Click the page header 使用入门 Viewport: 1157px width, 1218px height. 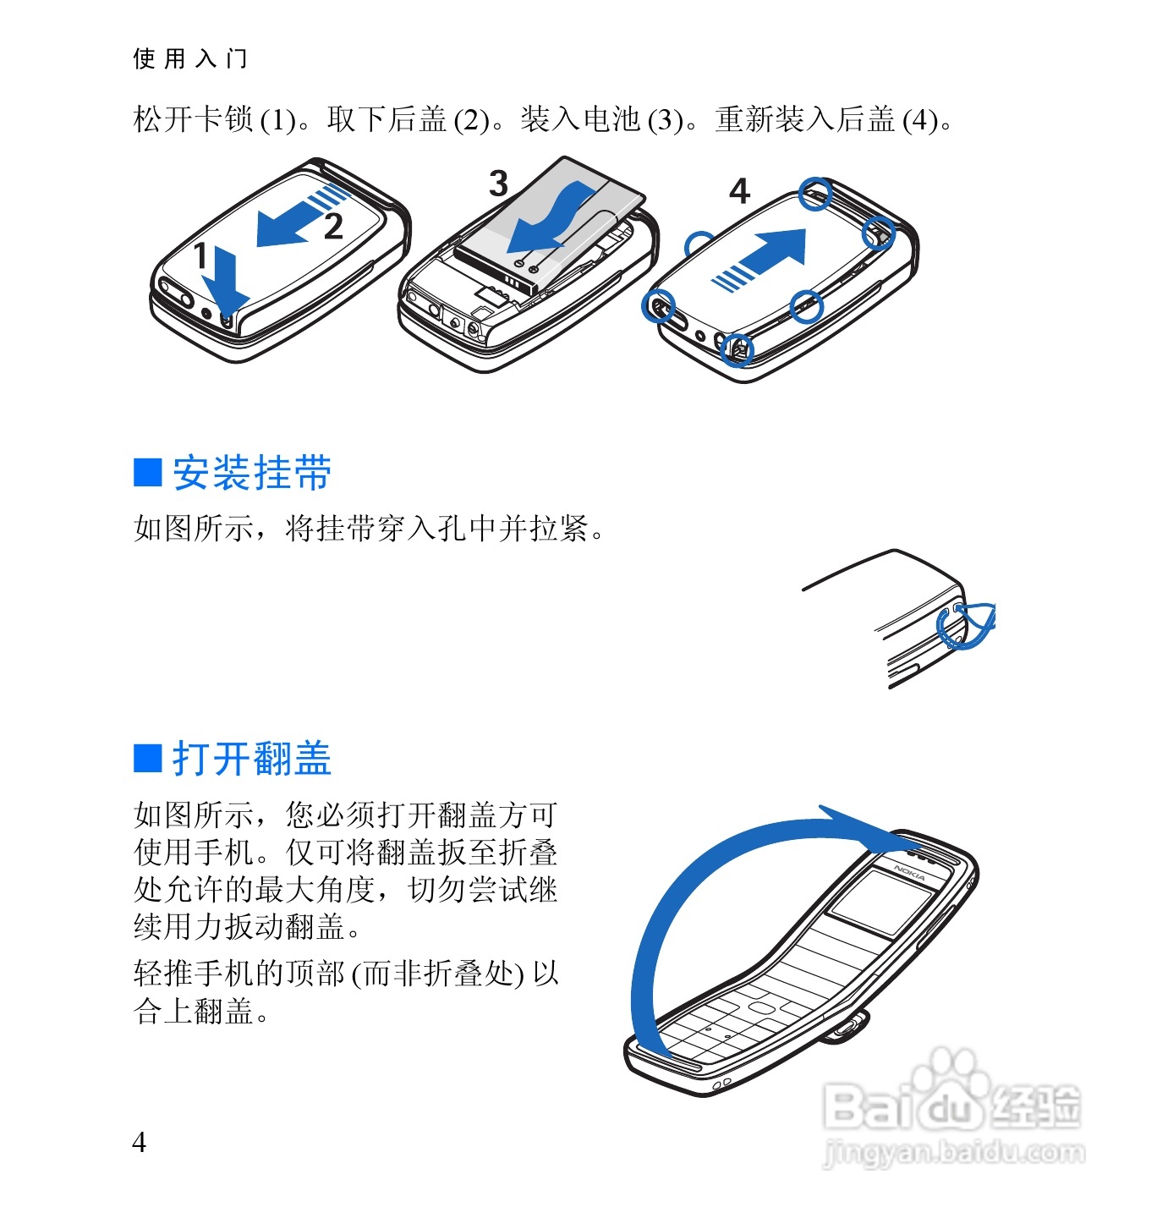point(190,59)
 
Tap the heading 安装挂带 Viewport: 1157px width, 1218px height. point(252,473)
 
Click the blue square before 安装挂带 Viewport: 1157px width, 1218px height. point(147,473)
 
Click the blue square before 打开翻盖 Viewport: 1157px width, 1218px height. point(147,759)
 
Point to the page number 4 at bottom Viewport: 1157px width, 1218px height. point(140,1141)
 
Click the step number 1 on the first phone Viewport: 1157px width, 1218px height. point(200,255)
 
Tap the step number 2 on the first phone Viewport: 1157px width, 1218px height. point(333,226)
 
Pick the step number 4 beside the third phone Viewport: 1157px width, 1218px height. point(739,191)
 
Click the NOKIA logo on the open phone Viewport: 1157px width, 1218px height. point(909,874)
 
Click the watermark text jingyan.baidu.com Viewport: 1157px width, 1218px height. point(954,1153)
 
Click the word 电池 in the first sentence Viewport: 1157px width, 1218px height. point(611,119)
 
